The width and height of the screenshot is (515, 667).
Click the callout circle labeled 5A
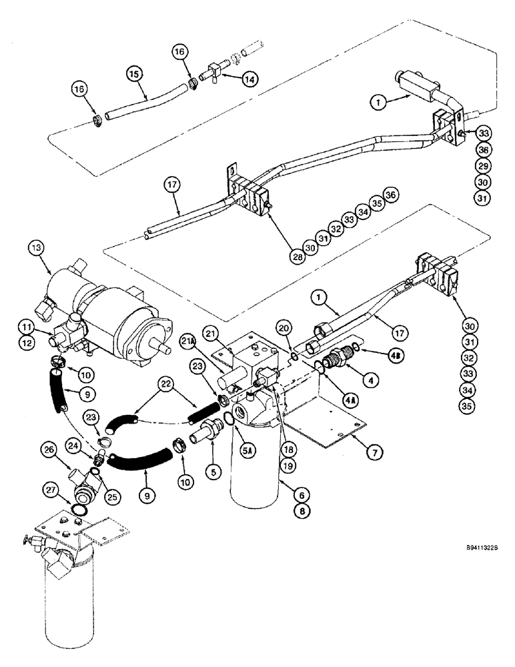(x=247, y=452)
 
